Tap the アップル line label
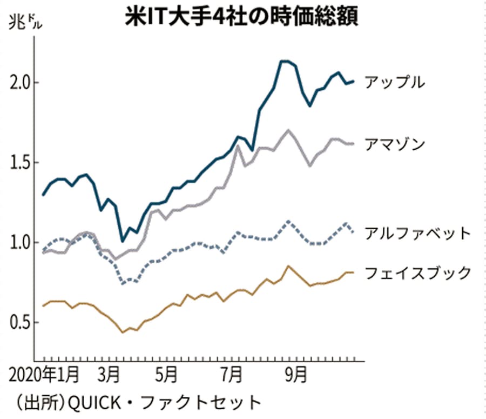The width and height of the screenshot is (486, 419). pos(394,82)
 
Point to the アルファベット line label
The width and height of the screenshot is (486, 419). pos(417,234)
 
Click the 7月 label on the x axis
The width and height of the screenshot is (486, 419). pos(232,375)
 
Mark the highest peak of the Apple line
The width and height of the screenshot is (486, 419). pos(285,61)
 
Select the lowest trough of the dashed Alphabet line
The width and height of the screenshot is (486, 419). pos(124,283)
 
